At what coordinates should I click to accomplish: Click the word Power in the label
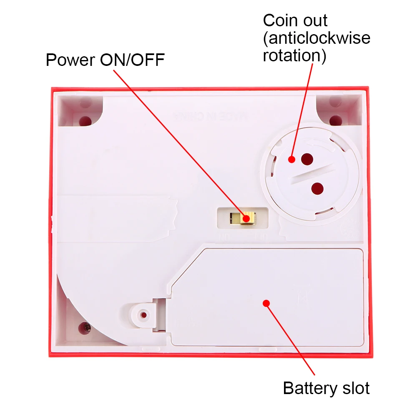click(70, 60)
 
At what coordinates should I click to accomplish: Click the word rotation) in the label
click(294, 55)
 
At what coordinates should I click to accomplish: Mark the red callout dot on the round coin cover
click(291, 159)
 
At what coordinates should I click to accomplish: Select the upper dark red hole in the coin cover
click(307, 158)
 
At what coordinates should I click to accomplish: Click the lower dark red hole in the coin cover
click(317, 189)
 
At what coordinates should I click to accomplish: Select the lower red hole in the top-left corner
click(85, 121)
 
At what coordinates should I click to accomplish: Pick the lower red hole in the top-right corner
click(336, 121)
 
